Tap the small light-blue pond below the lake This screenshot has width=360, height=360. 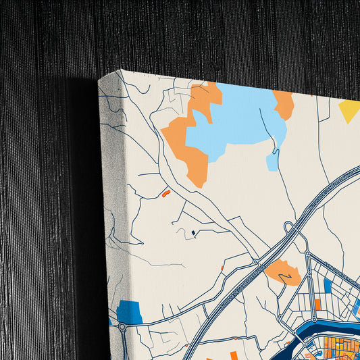click(272, 162)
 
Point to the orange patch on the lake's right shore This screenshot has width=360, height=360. click(284, 104)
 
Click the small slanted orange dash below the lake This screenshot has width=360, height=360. click(165, 193)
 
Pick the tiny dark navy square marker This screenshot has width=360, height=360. click(193, 233)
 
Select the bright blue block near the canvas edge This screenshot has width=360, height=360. click(129, 311)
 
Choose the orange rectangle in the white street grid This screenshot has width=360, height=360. click(317, 305)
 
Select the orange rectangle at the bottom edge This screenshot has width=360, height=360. click(234, 355)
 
